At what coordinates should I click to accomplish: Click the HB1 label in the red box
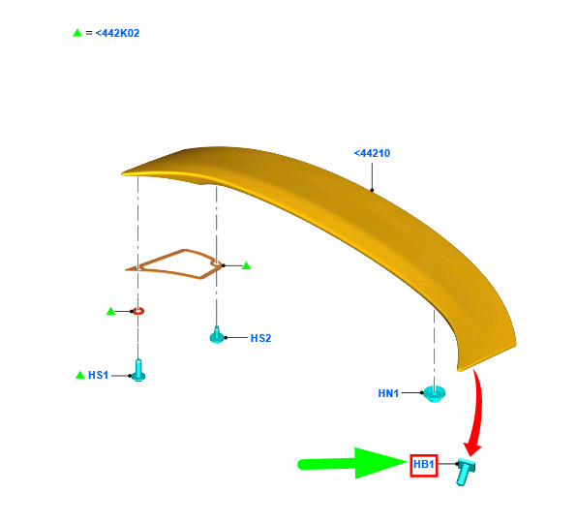[x=423, y=464]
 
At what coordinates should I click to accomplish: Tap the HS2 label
[x=260, y=338]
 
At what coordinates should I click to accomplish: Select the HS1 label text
[x=98, y=375]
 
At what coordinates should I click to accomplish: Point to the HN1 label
[x=388, y=393]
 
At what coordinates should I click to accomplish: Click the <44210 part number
[x=372, y=153]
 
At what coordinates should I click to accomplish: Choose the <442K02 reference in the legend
[x=117, y=33]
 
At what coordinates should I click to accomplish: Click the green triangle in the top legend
[x=77, y=33]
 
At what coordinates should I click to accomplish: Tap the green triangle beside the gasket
[x=246, y=265]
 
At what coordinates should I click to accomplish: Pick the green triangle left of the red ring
[x=110, y=311]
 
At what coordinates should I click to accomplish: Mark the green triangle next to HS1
[x=79, y=375]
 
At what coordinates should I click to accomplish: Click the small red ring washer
[x=138, y=311]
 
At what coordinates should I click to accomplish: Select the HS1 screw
[x=138, y=370]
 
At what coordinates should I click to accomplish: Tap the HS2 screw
[x=217, y=335]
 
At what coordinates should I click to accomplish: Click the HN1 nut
[x=435, y=393]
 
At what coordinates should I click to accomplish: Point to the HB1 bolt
[x=465, y=472]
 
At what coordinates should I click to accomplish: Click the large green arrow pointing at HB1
[x=353, y=464]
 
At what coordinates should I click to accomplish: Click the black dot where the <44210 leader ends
[x=372, y=191]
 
